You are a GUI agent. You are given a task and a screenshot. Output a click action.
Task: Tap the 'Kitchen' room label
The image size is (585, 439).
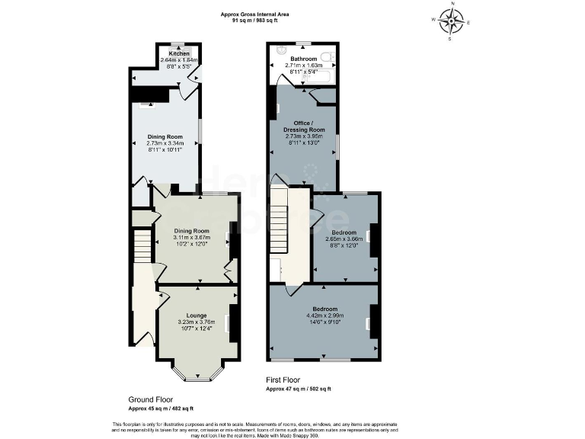[179, 54]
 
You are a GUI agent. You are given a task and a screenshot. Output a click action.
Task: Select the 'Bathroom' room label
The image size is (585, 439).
[303, 59]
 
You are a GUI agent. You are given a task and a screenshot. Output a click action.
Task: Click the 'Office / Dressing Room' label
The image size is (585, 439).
[304, 126]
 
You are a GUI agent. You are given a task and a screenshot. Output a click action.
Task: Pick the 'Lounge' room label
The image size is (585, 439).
[197, 315]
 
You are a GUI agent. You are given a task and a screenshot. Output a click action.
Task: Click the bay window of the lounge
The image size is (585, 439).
[197, 373]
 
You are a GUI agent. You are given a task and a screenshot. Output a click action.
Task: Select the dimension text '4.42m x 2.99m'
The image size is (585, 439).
[325, 316]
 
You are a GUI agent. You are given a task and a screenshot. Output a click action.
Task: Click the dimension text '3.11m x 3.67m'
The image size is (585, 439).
[191, 237]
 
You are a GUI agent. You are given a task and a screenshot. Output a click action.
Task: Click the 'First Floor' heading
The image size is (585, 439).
[283, 380]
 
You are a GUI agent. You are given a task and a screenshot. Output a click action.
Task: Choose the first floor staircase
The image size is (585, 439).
[280, 221]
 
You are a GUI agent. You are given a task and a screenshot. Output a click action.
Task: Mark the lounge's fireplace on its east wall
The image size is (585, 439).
[233, 320]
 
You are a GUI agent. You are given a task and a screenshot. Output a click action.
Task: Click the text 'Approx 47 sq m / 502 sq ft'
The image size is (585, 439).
[298, 389]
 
